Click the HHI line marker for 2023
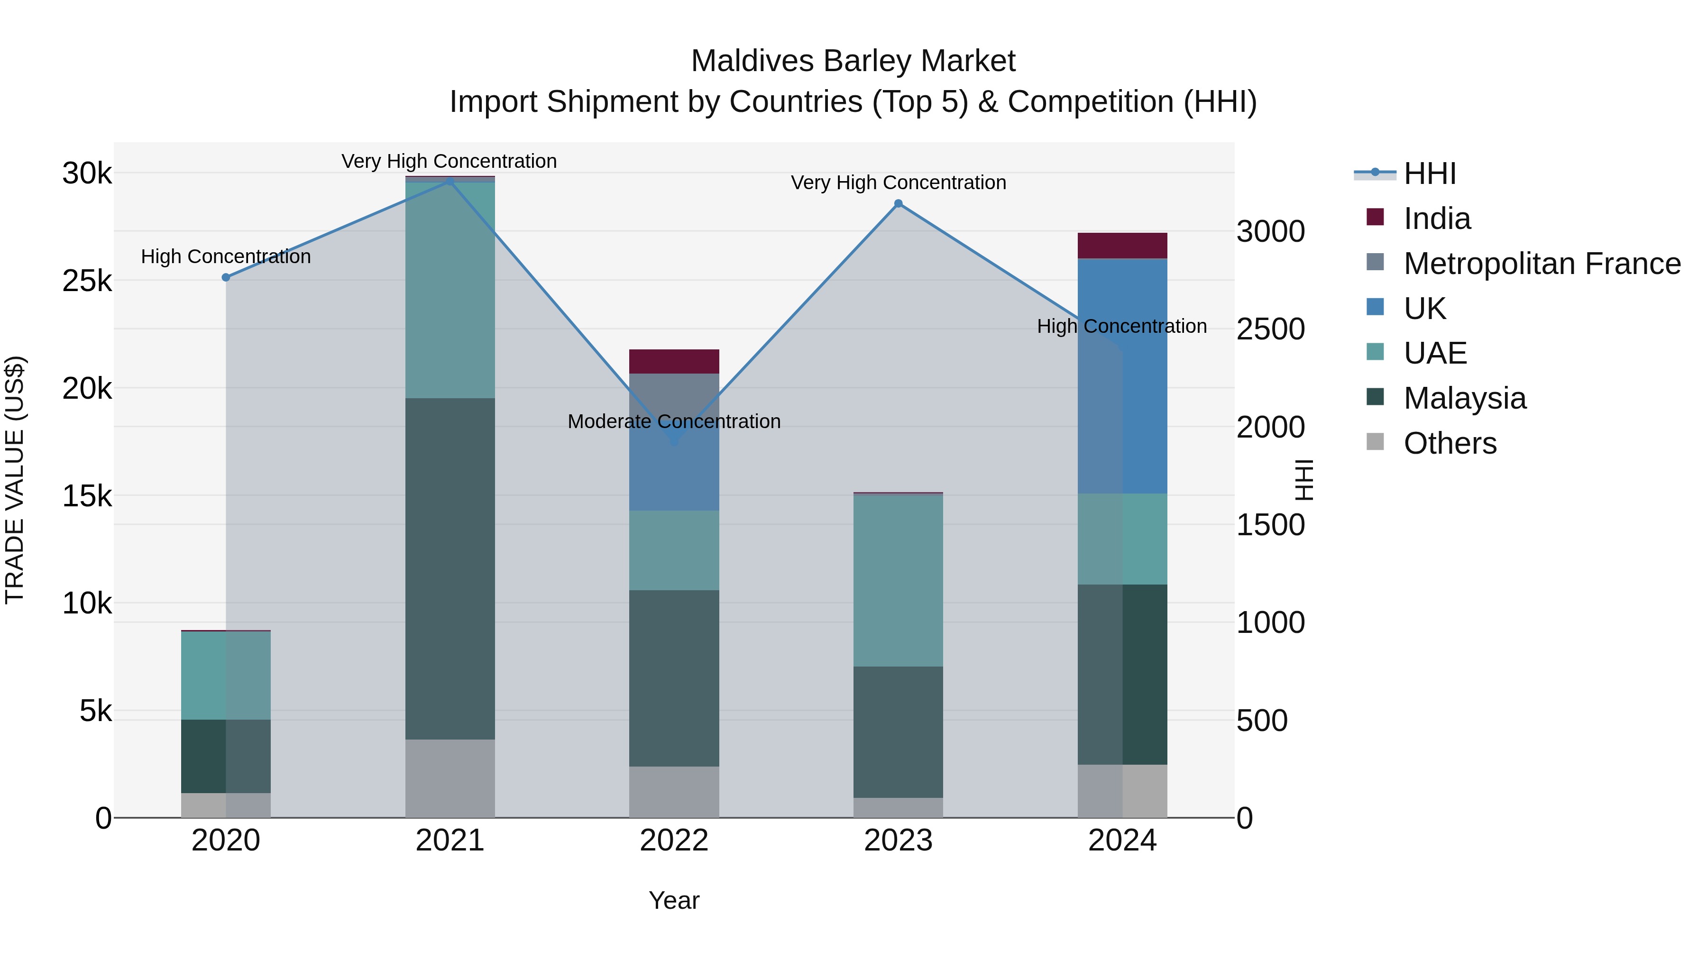click(x=898, y=203)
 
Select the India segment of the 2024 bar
click(x=1122, y=246)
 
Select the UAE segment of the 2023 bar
click(x=898, y=580)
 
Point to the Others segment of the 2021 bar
click(x=450, y=778)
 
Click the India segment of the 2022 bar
click(x=674, y=361)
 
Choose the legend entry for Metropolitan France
click(x=1542, y=264)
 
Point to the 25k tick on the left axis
click(x=87, y=281)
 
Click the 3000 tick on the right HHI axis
click(x=1270, y=231)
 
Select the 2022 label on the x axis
click(x=674, y=841)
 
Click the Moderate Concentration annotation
click(x=674, y=421)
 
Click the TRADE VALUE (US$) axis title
click(x=15, y=480)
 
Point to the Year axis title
click(x=674, y=900)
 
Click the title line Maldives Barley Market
click(x=853, y=61)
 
